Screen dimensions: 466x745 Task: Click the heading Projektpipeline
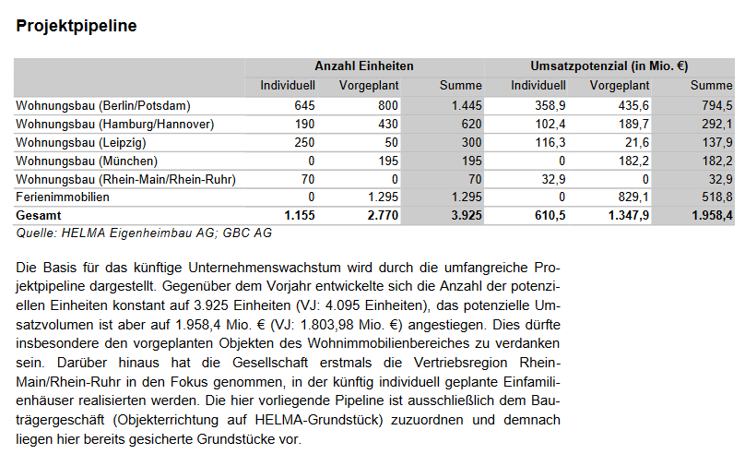pyautogui.click(x=77, y=26)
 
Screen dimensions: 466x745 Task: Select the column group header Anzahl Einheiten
pyautogui.click(x=363, y=66)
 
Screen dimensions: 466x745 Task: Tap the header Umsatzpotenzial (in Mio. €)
pyautogui.click(x=609, y=66)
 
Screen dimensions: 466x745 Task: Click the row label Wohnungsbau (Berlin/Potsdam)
pyautogui.click(x=103, y=105)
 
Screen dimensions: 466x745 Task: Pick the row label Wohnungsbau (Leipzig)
pyautogui.click(x=81, y=142)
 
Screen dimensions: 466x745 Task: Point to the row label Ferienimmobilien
pyautogui.click(x=63, y=197)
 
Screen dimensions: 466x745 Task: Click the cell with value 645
pyautogui.click(x=304, y=105)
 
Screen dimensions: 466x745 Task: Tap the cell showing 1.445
pyautogui.click(x=467, y=105)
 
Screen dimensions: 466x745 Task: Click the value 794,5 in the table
pyautogui.click(x=716, y=105)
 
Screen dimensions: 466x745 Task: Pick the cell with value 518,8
pyautogui.click(x=716, y=197)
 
